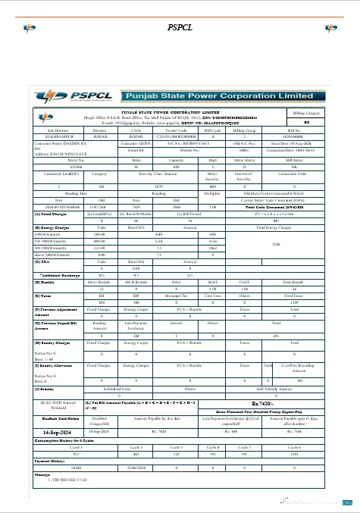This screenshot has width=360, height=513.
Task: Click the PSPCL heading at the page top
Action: tap(179, 27)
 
